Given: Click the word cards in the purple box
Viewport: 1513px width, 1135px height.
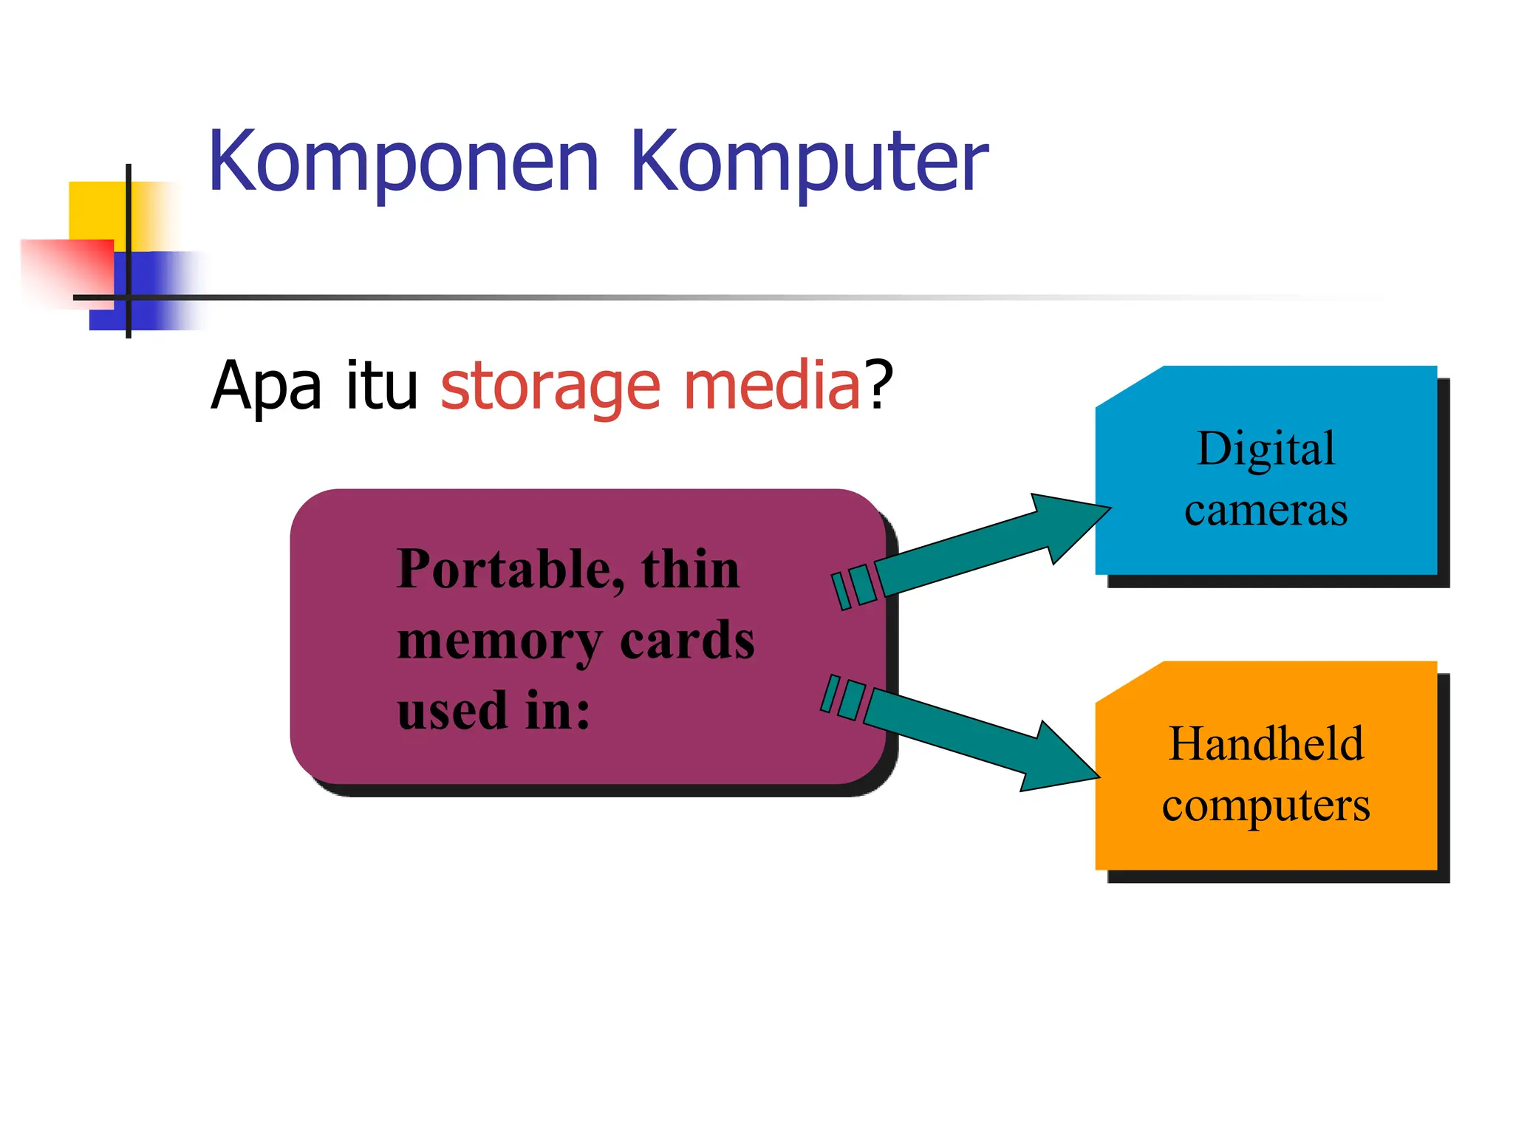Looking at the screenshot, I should (x=687, y=640).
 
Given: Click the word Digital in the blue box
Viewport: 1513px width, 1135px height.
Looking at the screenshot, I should (x=1266, y=449).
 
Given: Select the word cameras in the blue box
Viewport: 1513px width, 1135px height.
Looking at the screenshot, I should (x=1266, y=511).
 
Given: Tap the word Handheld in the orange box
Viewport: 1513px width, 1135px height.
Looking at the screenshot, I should (x=1266, y=743).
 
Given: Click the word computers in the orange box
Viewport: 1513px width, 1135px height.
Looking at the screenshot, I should (x=1266, y=805).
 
